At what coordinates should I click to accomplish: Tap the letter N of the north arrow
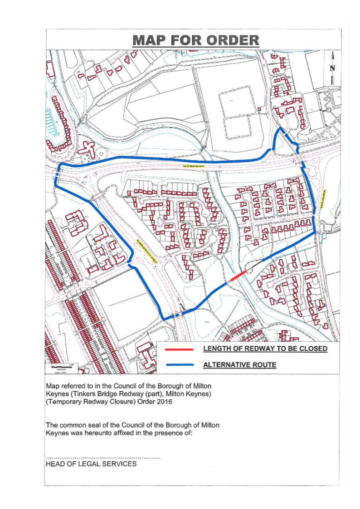[x=333, y=68]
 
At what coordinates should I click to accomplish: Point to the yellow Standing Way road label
[x=194, y=167]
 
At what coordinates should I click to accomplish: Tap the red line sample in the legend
[x=180, y=349]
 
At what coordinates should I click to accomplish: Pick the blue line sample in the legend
[x=180, y=364]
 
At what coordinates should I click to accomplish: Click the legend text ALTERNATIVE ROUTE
[x=239, y=365]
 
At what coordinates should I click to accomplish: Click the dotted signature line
[x=103, y=458]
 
